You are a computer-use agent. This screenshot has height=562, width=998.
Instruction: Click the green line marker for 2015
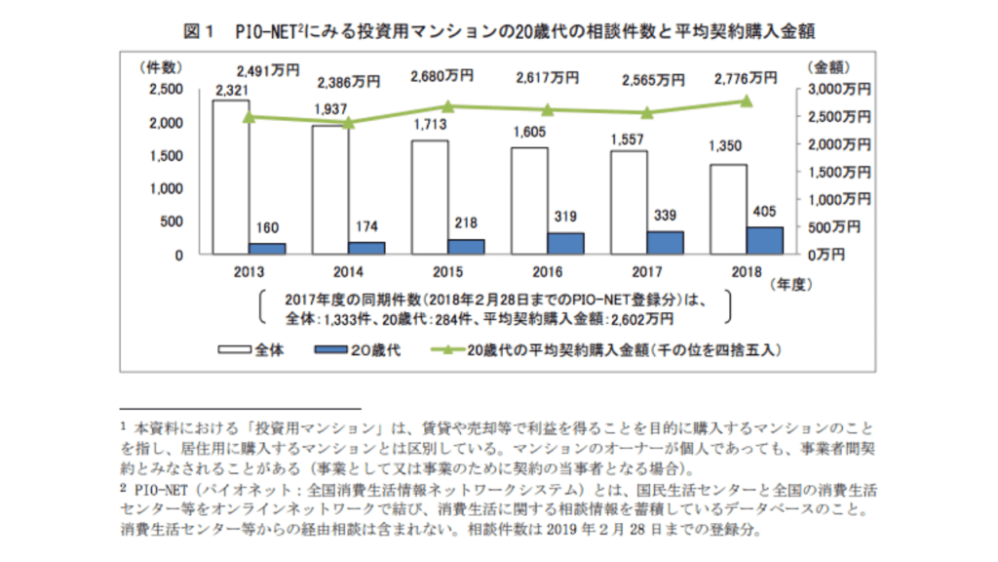point(448,106)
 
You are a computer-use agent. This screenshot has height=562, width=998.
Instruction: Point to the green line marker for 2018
point(746,100)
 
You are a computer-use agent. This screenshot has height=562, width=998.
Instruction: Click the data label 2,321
point(231,91)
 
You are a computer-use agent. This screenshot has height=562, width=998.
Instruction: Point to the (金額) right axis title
point(829,67)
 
